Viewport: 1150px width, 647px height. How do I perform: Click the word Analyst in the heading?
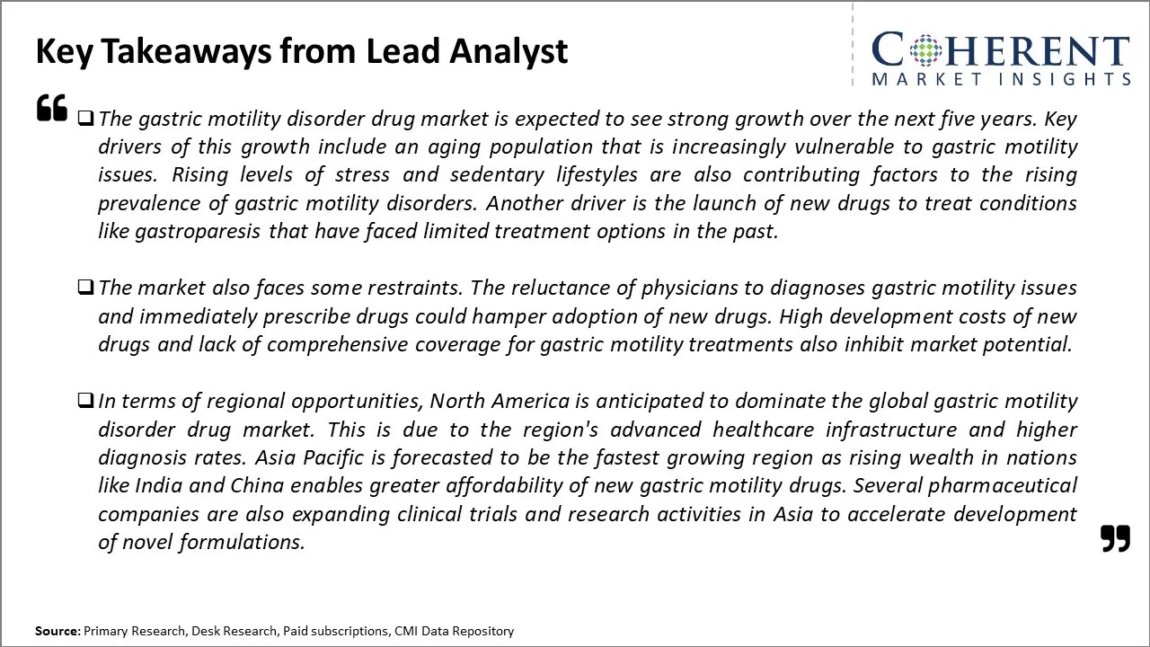(509, 52)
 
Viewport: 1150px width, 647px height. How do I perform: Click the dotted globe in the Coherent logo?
(925, 49)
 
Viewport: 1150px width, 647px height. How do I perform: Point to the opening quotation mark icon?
(52, 107)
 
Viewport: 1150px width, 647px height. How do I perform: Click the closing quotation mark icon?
(1115, 538)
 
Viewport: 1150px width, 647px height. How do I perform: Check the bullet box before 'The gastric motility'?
(85, 119)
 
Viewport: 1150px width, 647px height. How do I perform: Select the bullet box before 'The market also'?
(85, 287)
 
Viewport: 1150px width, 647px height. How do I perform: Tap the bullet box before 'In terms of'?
(85, 400)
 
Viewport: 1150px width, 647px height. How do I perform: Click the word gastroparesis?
(198, 232)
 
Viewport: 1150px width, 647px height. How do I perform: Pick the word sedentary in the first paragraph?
(497, 175)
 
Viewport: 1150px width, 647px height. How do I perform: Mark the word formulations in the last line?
(242, 543)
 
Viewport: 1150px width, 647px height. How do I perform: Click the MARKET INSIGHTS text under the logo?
(1001, 79)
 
